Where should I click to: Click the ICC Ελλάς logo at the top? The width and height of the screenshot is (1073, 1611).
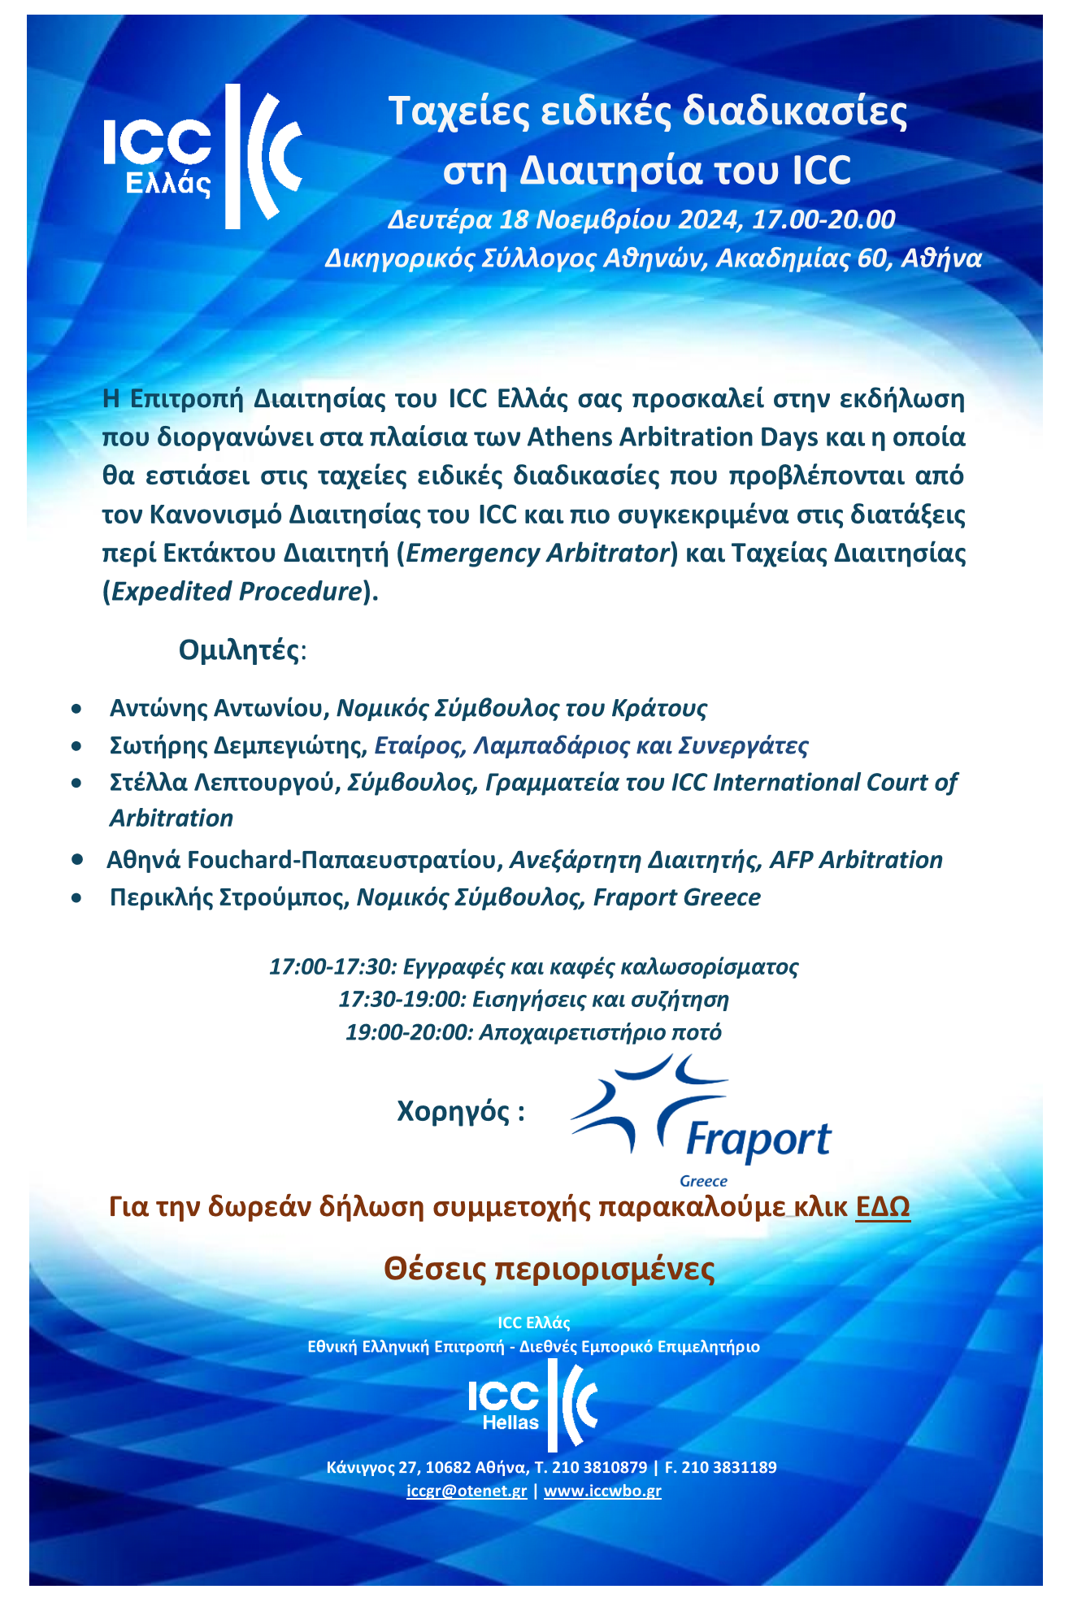(203, 156)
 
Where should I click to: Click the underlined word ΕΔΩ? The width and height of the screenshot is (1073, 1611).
(883, 1207)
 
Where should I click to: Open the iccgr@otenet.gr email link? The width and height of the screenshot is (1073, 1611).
(467, 1491)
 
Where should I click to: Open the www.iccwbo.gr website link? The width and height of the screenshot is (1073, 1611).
(602, 1491)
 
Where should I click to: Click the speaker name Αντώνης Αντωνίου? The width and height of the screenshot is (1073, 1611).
(217, 708)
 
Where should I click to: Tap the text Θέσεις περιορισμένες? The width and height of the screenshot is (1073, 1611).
(550, 1269)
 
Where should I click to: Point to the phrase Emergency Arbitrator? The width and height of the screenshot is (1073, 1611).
(536, 553)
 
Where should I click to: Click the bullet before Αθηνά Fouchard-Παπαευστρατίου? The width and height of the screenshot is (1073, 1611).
(77, 859)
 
